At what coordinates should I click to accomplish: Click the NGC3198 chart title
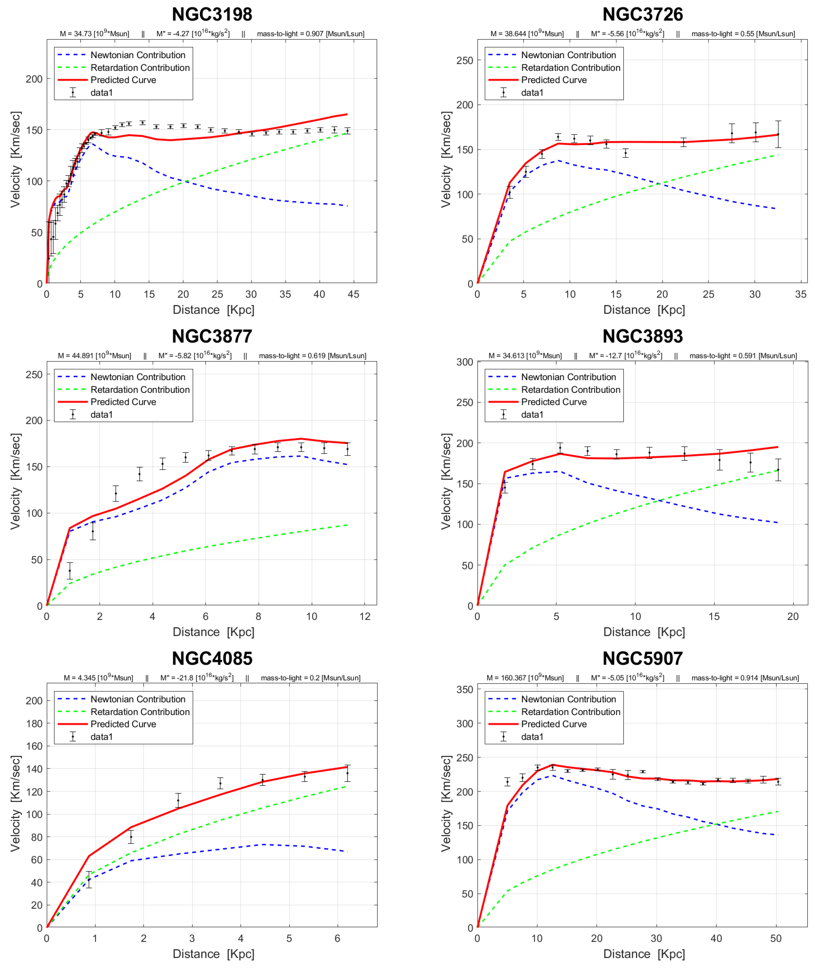pyautogui.click(x=212, y=14)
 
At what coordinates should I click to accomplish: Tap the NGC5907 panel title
pyautogui.click(x=643, y=659)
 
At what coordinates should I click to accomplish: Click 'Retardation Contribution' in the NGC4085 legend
pyautogui.click(x=140, y=712)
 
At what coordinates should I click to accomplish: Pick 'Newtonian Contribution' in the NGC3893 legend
pyautogui.click(x=568, y=377)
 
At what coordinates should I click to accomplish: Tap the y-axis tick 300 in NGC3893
pyautogui.click(x=465, y=362)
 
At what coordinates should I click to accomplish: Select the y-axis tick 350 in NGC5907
pyautogui.click(x=465, y=690)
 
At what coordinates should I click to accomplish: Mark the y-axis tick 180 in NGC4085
pyautogui.click(x=34, y=724)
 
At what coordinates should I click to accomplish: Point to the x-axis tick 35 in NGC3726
pyautogui.click(x=801, y=294)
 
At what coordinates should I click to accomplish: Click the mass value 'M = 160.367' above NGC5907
pyautogui.click(x=525, y=678)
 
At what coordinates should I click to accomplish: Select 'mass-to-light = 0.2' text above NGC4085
pyautogui.click(x=311, y=678)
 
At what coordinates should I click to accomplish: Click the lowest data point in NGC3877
pyautogui.click(x=70, y=571)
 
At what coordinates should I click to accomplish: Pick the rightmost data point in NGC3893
pyautogui.click(x=778, y=470)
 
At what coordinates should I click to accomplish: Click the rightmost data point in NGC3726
pyautogui.click(x=778, y=134)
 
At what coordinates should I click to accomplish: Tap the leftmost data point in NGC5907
pyautogui.click(x=507, y=782)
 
